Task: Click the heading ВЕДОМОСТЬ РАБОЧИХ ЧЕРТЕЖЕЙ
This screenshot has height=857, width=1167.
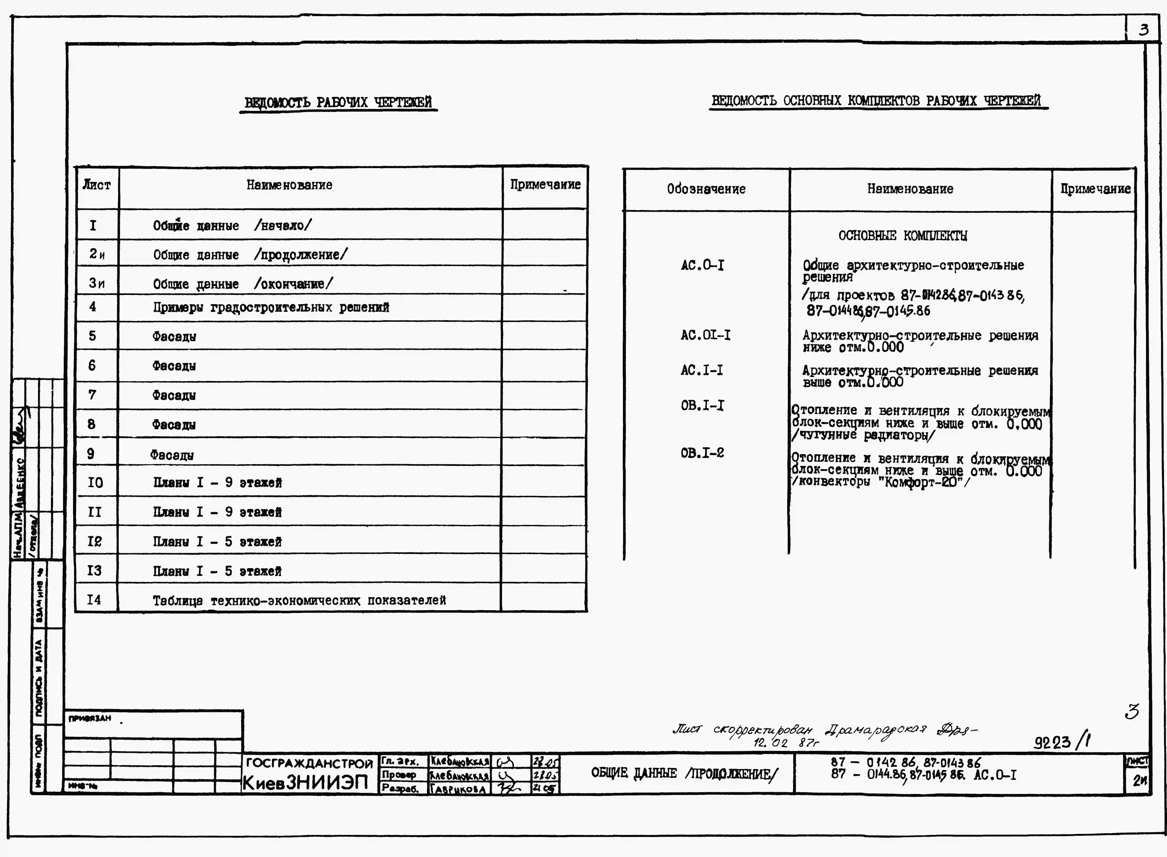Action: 338,102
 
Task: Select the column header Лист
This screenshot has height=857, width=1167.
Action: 96,185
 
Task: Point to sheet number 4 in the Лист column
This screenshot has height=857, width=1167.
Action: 93,307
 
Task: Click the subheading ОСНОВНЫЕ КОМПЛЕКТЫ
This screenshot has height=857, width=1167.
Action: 902,236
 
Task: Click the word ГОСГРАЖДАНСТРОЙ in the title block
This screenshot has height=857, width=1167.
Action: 309,763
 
